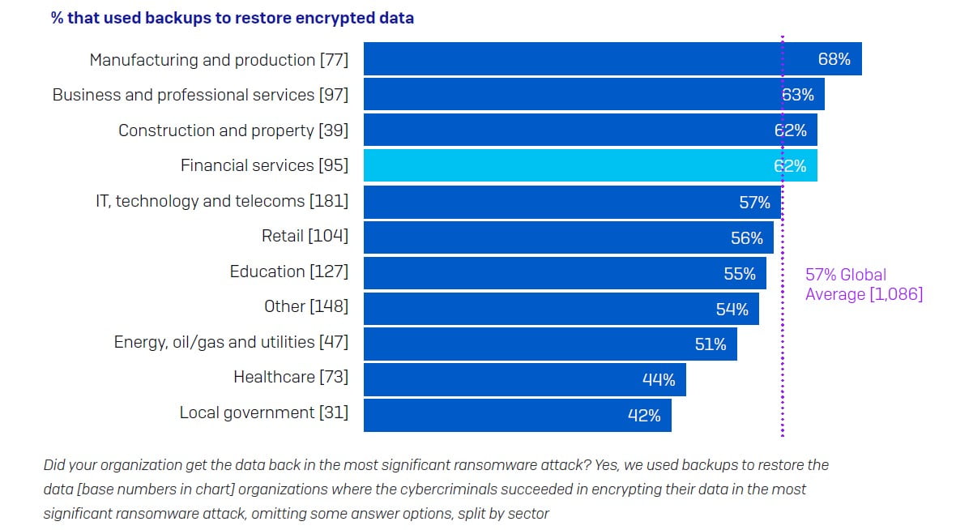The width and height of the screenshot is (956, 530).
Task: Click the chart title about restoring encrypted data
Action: click(x=233, y=18)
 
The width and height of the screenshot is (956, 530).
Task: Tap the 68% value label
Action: click(x=834, y=59)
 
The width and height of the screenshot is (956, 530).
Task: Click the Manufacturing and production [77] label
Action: click(x=219, y=60)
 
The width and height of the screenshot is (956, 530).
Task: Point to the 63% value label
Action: click(x=798, y=95)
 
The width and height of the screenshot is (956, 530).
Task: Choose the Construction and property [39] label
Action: click(x=233, y=130)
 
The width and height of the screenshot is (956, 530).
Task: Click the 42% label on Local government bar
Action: click(x=644, y=415)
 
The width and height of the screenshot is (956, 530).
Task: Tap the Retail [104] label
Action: click(x=305, y=236)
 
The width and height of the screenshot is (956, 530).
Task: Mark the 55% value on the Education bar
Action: click(x=740, y=274)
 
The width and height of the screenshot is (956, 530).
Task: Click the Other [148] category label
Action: click(x=306, y=306)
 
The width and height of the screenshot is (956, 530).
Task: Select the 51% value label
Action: click(x=711, y=344)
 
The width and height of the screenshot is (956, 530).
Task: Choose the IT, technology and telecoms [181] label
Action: click(x=222, y=201)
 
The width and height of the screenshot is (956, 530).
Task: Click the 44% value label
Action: click(x=659, y=379)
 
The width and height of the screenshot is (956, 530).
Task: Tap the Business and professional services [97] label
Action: click(x=200, y=95)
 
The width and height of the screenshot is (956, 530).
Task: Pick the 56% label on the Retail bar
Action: click(x=747, y=238)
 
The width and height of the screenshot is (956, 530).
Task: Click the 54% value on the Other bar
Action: click(x=732, y=309)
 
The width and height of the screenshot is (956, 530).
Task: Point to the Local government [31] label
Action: click(x=264, y=412)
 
